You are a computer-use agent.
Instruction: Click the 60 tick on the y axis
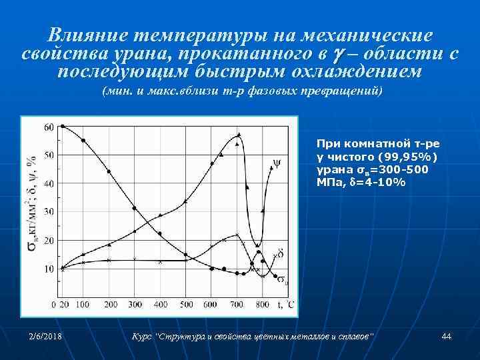(x=49, y=127)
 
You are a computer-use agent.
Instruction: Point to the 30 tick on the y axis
(x=49, y=211)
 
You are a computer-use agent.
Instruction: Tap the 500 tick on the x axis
(x=187, y=305)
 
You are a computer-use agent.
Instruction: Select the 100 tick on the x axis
(x=83, y=305)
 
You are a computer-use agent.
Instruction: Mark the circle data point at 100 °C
(x=83, y=141)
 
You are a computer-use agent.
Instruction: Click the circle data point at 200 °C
(x=109, y=171)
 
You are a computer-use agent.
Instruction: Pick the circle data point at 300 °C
(x=135, y=209)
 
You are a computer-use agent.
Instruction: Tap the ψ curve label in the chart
(x=277, y=162)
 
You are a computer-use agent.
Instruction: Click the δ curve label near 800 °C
(x=281, y=254)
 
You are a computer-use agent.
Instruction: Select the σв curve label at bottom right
(x=283, y=279)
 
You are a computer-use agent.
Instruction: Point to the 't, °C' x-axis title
(x=285, y=304)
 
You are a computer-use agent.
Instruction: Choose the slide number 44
(x=446, y=337)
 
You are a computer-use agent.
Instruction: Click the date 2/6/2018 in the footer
(x=45, y=337)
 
